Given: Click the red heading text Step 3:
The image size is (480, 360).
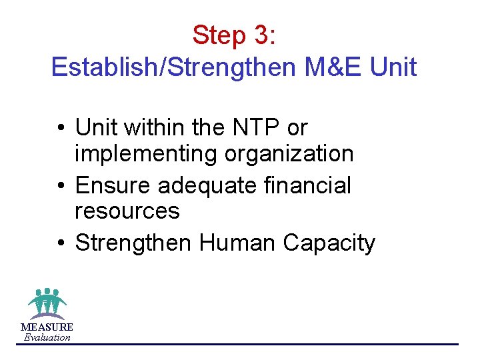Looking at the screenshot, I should click(234, 35).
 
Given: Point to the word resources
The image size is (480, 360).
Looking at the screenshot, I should click(127, 211).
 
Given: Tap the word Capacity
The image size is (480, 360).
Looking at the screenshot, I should click(329, 244).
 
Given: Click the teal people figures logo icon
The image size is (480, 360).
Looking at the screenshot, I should click(47, 303).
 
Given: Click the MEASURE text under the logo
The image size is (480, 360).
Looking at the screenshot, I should click(47, 327).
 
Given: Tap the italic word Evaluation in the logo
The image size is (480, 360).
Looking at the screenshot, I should click(47, 337).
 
